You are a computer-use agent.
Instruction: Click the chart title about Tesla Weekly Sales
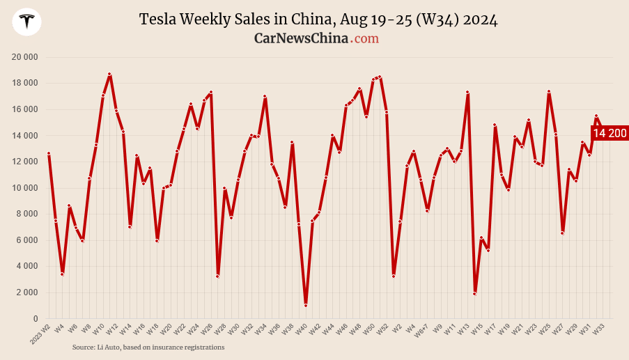(x=318, y=19)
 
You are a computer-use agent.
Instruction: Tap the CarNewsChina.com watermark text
(x=316, y=38)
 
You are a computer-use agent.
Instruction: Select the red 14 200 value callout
(x=609, y=133)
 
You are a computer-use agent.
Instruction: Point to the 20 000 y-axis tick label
(x=24, y=57)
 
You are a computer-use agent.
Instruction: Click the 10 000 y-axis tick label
(x=24, y=188)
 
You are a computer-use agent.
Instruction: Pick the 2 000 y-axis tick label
(x=26, y=292)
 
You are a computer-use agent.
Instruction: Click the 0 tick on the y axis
(x=35, y=319)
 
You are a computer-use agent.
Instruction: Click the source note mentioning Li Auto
(x=148, y=347)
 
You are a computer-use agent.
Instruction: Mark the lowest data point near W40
(x=306, y=305)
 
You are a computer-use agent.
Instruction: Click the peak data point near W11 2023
(x=109, y=74)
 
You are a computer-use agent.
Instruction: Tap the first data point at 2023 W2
(x=49, y=153)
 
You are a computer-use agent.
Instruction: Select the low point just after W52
(x=394, y=276)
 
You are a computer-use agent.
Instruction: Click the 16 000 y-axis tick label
(x=24, y=109)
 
